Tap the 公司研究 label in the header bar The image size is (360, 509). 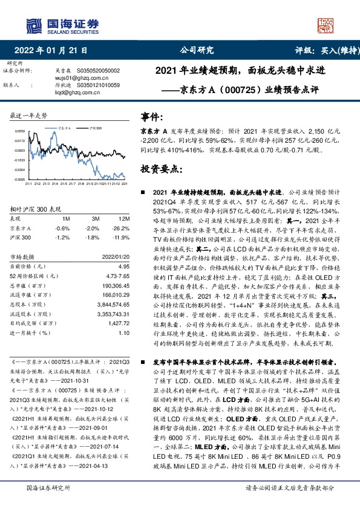pyautogui.click(x=197, y=50)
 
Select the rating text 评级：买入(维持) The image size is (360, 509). pyautogui.click(x=323, y=50)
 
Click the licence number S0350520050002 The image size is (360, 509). pyautogui.click(x=99, y=71)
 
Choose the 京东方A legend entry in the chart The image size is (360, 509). pyautogui.click(x=67, y=128)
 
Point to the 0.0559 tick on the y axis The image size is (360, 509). pyautogui.click(x=19, y=131)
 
